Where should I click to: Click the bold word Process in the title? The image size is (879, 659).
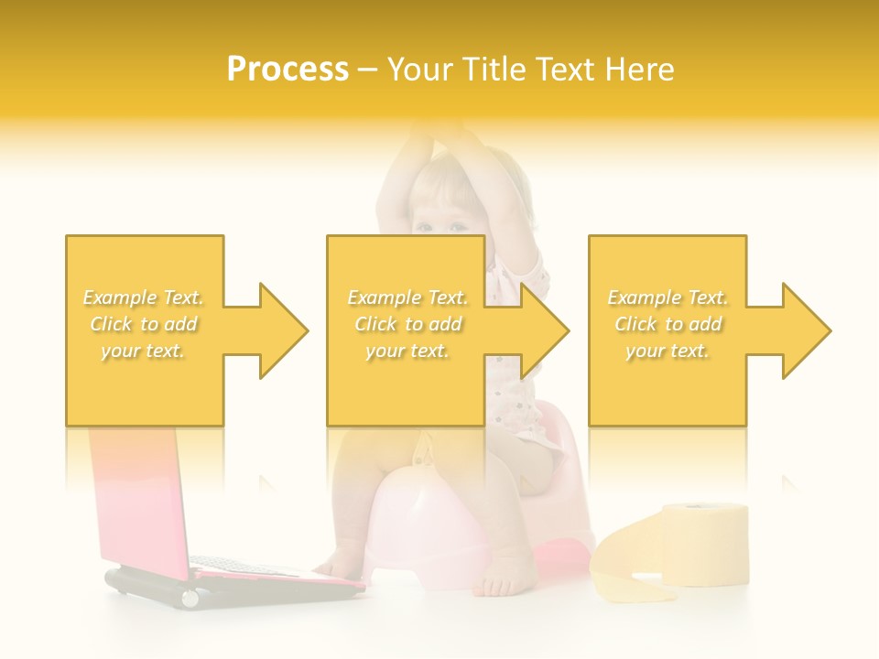tap(288, 70)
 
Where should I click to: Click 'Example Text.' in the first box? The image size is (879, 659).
tap(144, 297)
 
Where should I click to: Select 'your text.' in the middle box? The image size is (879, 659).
tap(407, 351)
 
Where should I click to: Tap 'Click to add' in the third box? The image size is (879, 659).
tap(667, 324)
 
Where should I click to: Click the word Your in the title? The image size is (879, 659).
tap(420, 70)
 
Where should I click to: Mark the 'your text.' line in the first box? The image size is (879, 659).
tap(144, 351)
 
